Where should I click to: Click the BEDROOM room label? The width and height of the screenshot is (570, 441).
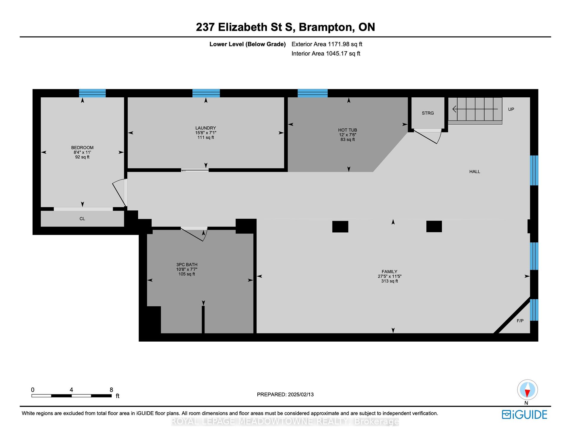(82, 147)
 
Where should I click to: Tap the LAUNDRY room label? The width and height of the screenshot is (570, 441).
(205, 128)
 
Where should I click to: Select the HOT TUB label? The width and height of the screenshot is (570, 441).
(348, 130)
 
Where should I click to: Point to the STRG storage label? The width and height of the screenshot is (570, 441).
(428, 113)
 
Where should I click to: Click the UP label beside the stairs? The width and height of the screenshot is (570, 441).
(511, 109)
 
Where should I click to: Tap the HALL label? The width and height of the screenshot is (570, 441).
(475, 172)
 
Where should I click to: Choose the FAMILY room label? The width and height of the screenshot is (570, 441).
(389, 272)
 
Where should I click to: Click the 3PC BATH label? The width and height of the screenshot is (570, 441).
(187, 265)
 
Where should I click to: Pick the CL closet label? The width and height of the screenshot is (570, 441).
(82, 219)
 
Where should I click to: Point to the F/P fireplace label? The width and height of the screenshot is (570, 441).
(520, 321)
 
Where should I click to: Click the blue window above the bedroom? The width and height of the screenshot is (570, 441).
(92, 93)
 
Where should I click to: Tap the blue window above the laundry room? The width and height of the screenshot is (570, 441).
(206, 93)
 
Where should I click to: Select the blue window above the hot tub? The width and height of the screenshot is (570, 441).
(313, 93)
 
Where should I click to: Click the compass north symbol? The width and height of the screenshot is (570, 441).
(528, 390)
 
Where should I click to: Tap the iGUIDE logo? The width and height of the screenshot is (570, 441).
(525, 415)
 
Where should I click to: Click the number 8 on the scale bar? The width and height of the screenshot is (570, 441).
(111, 390)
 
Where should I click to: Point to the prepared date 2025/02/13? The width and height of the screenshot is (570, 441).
(300, 395)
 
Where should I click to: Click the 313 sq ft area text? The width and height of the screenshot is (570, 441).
(389, 281)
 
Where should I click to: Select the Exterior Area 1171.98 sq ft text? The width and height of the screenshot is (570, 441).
(327, 44)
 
